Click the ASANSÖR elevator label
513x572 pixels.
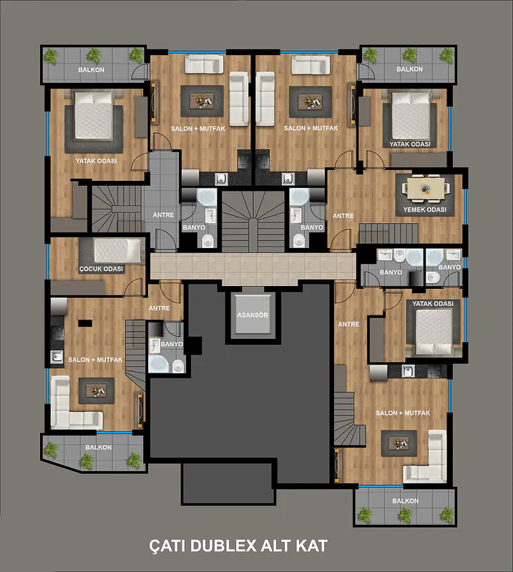[x=253, y=315]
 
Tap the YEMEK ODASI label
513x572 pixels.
[x=425, y=209]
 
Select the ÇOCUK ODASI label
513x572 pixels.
[x=101, y=269]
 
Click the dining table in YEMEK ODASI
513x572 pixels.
[x=426, y=188]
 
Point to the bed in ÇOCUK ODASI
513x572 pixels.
[x=117, y=251]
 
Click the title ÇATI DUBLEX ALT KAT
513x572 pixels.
[x=238, y=546]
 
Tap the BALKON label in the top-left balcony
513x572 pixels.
[x=92, y=69]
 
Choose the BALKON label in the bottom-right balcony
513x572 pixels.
[x=405, y=501]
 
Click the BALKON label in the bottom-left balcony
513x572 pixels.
[x=99, y=448]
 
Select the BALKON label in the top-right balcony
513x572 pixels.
[x=410, y=69]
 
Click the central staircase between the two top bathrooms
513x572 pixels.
[x=253, y=221]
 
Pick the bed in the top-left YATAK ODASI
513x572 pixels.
[x=94, y=116]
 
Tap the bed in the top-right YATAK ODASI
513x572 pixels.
[x=411, y=116]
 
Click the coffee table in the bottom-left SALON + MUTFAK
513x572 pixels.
[x=97, y=390]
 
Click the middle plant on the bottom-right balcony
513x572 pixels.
[x=404, y=516]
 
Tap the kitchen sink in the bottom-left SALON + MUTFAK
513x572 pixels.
[x=57, y=357]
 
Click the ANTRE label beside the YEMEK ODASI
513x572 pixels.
[x=343, y=216]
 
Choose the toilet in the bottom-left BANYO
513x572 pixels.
[x=178, y=365]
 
